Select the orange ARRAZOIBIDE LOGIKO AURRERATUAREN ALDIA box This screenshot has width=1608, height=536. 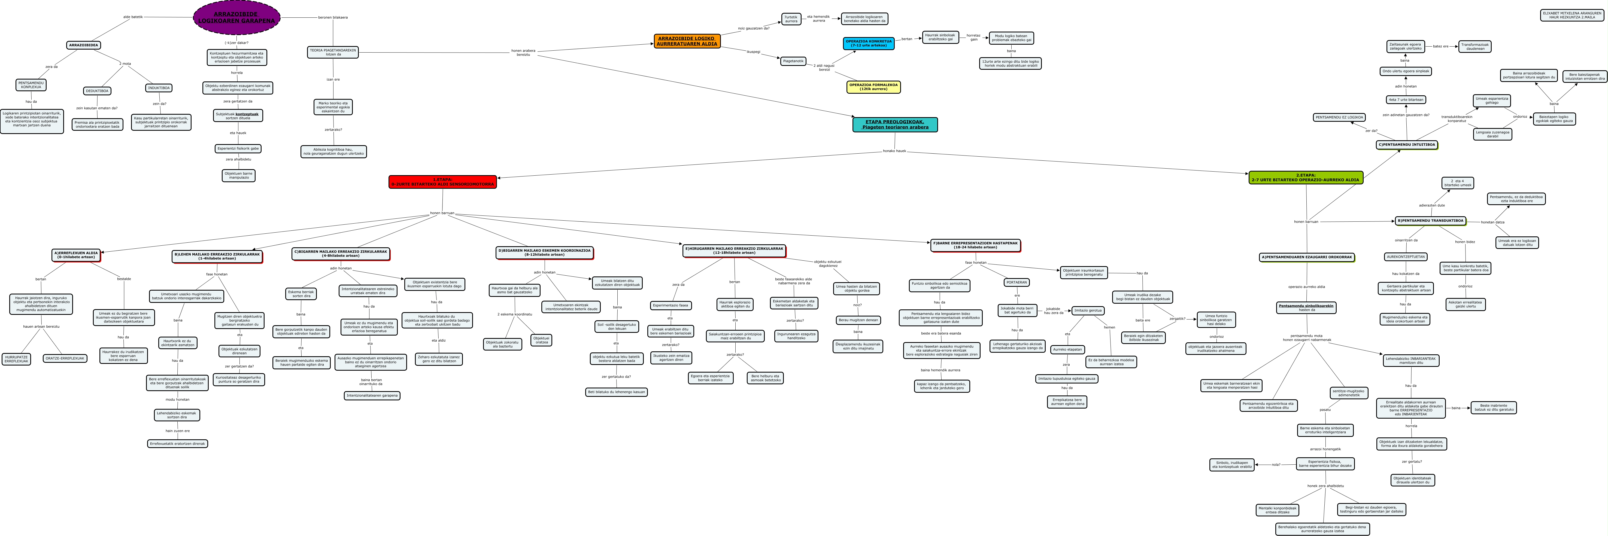tap(687, 41)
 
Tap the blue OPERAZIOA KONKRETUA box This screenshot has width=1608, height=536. tap(868, 43)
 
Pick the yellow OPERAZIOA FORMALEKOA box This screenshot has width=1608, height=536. tap(873, 87)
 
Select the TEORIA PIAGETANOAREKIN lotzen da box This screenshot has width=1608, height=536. tap(333, 52)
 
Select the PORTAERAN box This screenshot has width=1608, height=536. tap(1016, 282)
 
